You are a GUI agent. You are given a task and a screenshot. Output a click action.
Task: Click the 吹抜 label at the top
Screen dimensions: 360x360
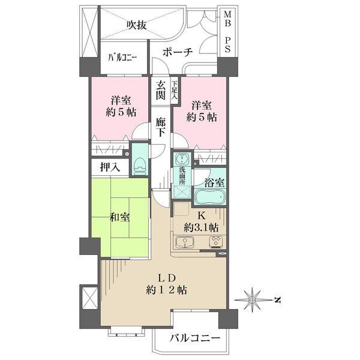pos(137,25)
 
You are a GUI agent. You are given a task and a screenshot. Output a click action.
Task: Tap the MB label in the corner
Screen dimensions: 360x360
pos(228,14)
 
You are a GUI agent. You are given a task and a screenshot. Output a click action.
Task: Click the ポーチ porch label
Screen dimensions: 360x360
pos(178,53)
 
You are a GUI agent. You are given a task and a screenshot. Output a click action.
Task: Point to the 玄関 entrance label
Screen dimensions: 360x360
pos(160,91)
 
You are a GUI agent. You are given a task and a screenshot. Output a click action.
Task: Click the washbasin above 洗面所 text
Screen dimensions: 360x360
pos(182,160)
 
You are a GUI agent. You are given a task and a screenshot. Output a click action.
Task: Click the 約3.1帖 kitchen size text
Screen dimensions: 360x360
pos(201,227)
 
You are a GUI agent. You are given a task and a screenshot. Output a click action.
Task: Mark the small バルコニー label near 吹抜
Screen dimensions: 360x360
pos(123,58)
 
